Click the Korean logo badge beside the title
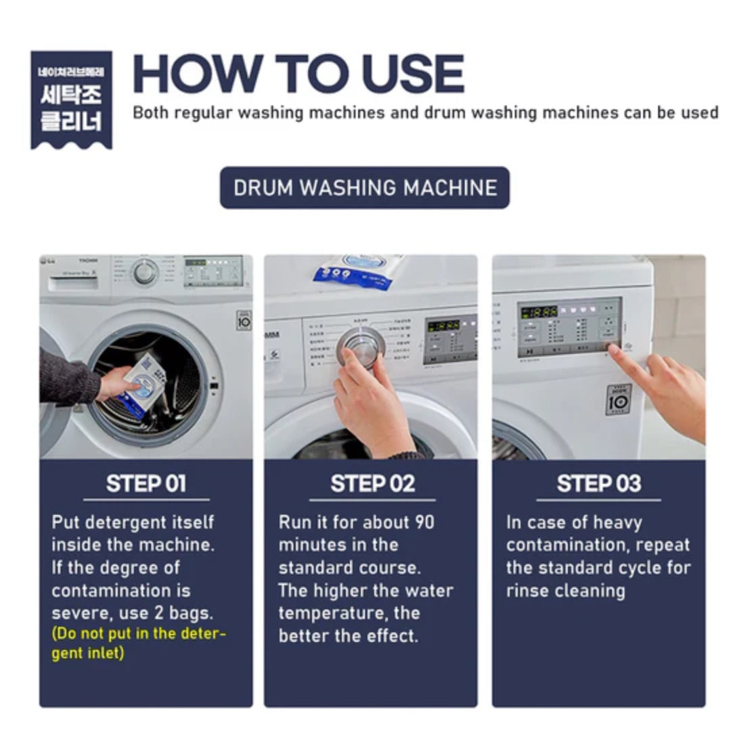71,99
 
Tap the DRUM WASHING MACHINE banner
365,187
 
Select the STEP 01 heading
146,483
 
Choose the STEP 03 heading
598,483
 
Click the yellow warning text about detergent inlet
139,644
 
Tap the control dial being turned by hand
361,346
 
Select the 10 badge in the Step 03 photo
618,399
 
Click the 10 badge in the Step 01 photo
244,320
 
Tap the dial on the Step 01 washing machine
144,272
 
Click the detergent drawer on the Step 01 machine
72,283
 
